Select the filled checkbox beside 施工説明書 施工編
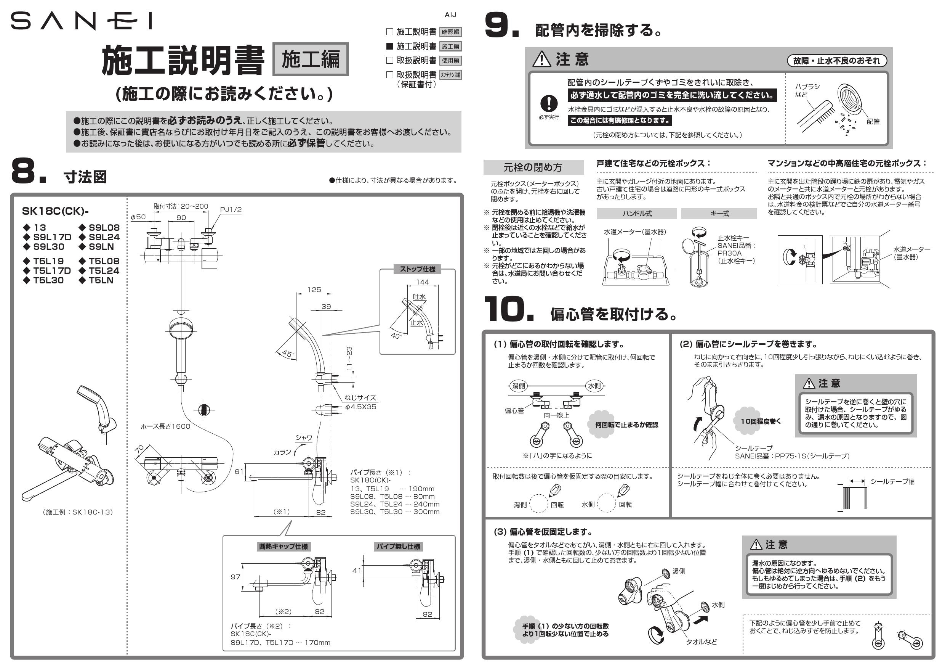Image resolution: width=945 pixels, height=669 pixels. [x=389, y=46]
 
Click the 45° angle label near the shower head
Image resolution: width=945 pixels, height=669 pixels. [x=288, y=354]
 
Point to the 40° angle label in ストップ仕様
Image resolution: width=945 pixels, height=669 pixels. [x=396, y=335]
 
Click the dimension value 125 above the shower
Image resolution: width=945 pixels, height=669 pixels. [x=314, y=289]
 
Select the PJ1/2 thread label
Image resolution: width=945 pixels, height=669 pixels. [x=231, y=210]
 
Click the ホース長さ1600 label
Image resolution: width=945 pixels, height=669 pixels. [x=165, y=426]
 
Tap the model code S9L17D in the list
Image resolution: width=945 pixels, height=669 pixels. [x=52, y=237]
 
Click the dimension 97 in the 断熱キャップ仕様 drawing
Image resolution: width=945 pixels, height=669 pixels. [x=235, y=577]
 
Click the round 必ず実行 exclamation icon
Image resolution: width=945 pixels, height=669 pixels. [x=549, y=103]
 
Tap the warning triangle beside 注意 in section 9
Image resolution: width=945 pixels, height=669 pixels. [x=541, y=60]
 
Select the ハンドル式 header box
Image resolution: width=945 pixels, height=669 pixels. [x=636, y=213]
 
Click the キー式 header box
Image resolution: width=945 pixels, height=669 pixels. [x=719, y=213]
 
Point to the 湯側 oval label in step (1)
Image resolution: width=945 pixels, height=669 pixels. [x=518, y=386]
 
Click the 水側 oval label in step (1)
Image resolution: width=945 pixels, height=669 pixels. [x=594, y=386]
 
